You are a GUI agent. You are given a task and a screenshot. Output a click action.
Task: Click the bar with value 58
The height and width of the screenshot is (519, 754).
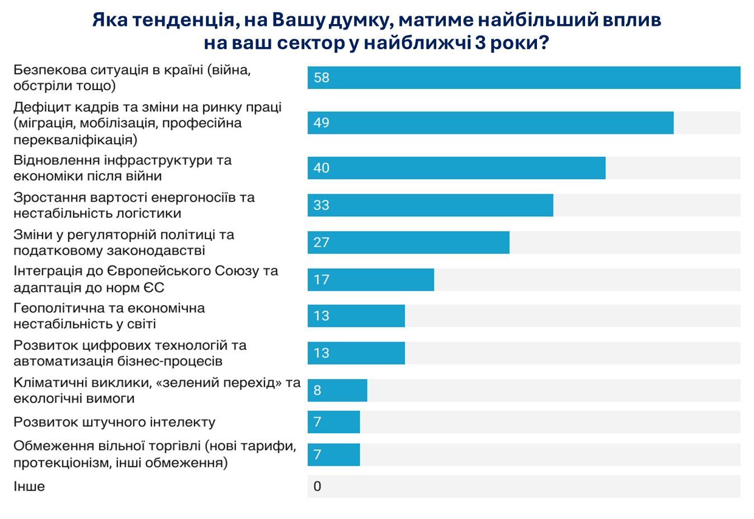[x=524, y=78]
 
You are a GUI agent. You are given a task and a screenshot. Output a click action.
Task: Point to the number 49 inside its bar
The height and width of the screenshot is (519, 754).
[x=322, y=123]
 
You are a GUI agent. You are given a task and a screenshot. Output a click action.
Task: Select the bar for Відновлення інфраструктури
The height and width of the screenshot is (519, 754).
[x=456, y=168]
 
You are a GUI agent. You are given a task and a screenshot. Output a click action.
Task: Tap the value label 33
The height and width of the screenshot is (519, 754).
[x=322, y=205]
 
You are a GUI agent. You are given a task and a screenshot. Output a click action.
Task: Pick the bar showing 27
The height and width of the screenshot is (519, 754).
[x=408, y=242]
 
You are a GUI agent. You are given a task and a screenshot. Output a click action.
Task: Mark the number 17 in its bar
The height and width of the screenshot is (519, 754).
[x=322, y=280]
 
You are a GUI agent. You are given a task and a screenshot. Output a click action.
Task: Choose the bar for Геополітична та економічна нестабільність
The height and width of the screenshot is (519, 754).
[x=356, y=316]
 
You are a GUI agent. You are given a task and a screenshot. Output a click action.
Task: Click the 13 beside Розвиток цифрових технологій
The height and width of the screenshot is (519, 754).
[x=322, y=353]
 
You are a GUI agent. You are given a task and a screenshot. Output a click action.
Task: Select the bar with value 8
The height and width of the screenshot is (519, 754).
[x=337, y=390]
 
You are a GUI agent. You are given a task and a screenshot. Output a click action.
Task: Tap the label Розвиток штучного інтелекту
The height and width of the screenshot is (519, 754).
[x=114, y=422]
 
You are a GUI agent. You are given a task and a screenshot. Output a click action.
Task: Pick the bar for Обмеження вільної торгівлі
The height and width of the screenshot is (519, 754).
[x=334, y=455]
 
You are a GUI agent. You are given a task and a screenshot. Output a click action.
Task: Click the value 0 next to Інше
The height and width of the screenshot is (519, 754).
[x=317, y=487]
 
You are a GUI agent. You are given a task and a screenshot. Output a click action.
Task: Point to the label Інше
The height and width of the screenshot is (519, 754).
[x=29, y=487]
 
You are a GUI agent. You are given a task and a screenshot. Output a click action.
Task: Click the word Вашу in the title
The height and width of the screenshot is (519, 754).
[x=298, y=20]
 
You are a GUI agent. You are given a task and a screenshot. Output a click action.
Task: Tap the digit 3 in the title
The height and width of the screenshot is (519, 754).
[x=480, y=43]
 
